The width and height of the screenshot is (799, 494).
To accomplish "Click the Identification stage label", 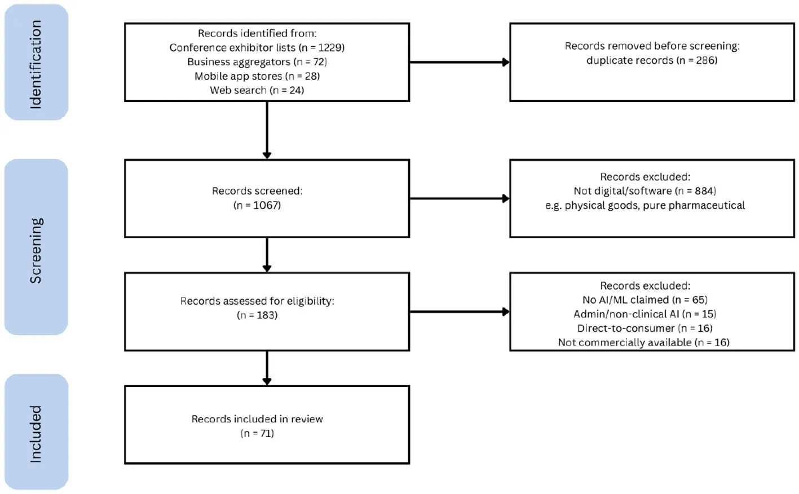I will pyautogui.click(x=36, y=63).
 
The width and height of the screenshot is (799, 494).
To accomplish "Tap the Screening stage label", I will pyautogui.click(x=36, y=250).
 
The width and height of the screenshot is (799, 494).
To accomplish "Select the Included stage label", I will pyautogui.click(x=36, y=434).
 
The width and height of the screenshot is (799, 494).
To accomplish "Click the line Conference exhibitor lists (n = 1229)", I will pyautogui.click(x=257, y=48).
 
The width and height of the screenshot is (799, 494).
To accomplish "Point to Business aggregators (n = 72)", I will pyautogui.click(x=257, y=62).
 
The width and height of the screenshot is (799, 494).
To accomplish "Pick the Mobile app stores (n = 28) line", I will pyautogui.click(x=257, y=76).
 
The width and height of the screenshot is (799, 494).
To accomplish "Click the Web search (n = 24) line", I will pyautogui.click(x=257, y=90).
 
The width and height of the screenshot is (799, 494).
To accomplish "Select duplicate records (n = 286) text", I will pyautogui.click(x=651, y=60).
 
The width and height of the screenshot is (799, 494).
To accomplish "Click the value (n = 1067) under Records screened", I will pyautogui.click(x=257, y=205).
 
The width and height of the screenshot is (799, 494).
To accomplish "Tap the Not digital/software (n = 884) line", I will pyautogui.click(x=645, y=191).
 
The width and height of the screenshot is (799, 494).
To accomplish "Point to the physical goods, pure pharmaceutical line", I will pyautogui.click(x=645, y=206).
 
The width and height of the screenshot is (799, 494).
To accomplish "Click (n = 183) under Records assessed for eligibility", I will pyautogui.click(x=257, y=315).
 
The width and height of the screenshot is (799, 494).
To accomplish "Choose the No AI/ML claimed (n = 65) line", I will pyautogui.click(x=645, y=300).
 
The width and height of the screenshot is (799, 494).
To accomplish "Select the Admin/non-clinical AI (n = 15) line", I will pyautogui.click(x=645, y=314).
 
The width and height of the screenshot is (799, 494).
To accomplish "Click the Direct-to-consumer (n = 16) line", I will pyautogui.click(x=645, y=328).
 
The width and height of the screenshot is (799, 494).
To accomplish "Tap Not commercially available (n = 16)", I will pyautogui.click(x=643, y=342).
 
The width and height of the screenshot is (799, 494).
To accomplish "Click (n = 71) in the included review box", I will pyautogui.click(x=257, y=433).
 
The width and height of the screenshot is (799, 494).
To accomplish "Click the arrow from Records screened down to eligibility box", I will pyautogui.click(x=267, y=255).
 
